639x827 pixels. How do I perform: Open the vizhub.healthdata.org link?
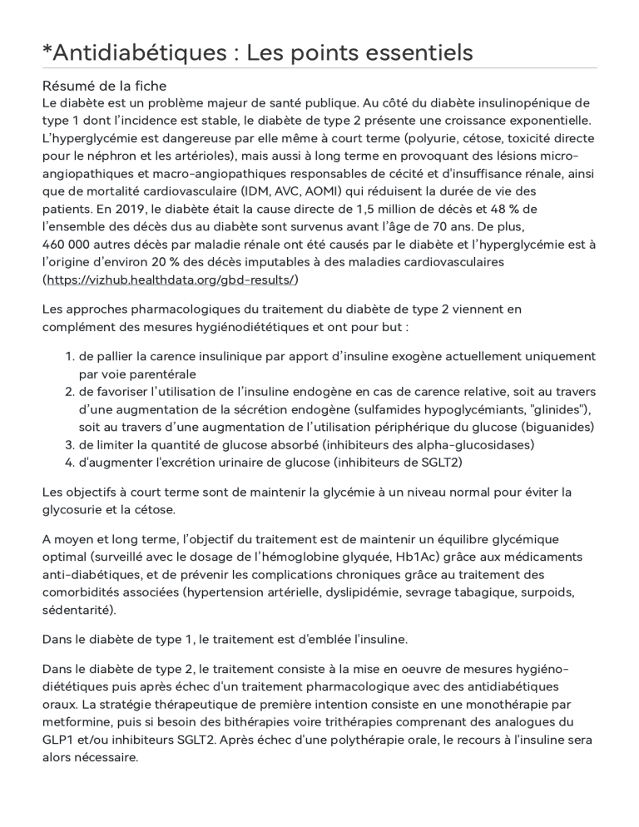(x=171, y=279)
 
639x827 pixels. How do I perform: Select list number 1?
(x=69, y=356)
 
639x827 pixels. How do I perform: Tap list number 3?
(x=69, y=444)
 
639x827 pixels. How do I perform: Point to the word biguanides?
(x=557, y=427)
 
